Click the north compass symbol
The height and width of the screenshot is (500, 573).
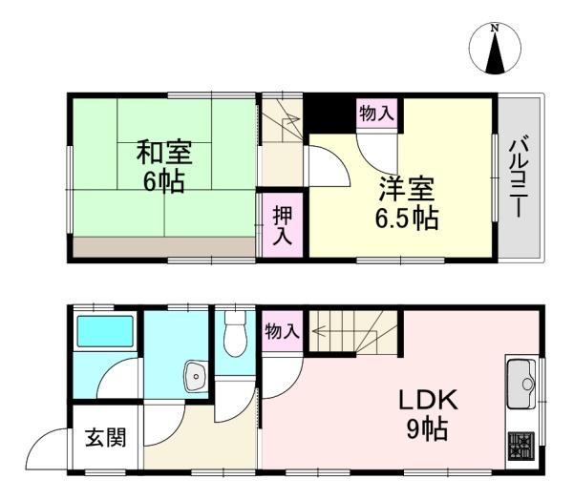pos(495,51)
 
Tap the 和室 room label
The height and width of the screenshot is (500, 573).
pos(163,153)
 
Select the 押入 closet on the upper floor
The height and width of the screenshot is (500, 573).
pos(282,224)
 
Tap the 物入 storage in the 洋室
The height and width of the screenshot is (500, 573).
pos(376,113)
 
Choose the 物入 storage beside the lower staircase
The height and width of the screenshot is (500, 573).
pos(282,332)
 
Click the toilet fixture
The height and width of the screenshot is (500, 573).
pos(233,337)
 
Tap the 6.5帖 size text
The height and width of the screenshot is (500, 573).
pos(406,218)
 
